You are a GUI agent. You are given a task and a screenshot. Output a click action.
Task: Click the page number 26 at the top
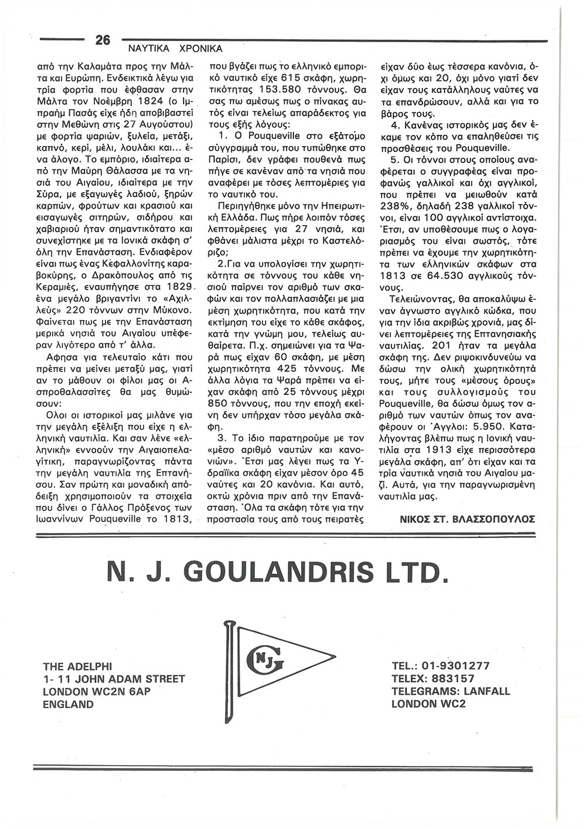tap(102, 40)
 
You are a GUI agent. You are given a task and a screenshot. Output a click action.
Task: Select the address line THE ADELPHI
tap(81, 667)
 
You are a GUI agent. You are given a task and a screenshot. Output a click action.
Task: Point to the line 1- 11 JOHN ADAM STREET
tap(114, 679)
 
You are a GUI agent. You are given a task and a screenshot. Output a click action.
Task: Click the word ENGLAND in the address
tap(68, 705)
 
